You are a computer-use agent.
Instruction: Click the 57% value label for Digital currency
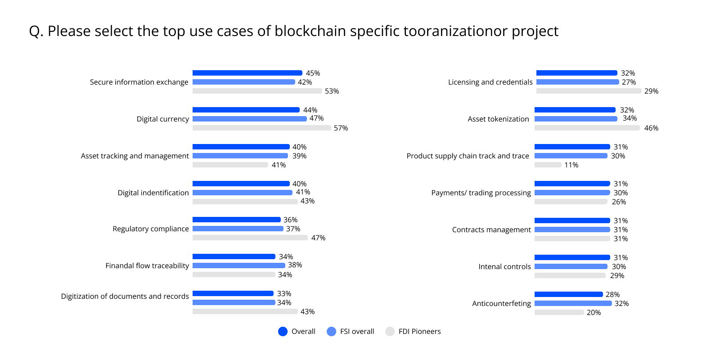[x=341, y=128]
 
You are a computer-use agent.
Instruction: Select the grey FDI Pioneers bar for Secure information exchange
[x=257, y=91]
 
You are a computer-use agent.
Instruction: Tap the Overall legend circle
[x=283, y=332]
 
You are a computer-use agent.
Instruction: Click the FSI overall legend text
[x=357, y=332]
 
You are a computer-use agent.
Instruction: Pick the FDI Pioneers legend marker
[x=390, y=332]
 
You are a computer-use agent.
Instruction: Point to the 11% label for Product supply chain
[x=571, y=165]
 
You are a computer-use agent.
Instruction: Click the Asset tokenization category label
[x=498, y=119]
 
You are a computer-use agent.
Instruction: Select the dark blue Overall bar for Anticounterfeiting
[x=568, y=294]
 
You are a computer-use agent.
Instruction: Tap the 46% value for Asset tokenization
[x=651, y=128]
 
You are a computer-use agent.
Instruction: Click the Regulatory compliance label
[x=151, y=229]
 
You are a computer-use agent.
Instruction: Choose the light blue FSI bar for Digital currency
[x=250, y=119]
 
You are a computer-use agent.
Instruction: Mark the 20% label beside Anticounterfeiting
[x=594, y=313]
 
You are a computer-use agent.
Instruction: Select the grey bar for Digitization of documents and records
[x=245, y=311]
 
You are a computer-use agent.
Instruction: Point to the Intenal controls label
[x=504, y=267]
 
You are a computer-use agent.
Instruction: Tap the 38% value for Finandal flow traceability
[x=295, y=265]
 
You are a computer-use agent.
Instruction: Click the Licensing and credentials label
[x=490, y=82]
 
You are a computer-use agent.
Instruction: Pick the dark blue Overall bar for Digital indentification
[x=241, y=184]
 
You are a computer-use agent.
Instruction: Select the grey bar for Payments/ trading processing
[x=571, y=202]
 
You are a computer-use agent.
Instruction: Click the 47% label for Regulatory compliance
[x=318, y=238]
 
